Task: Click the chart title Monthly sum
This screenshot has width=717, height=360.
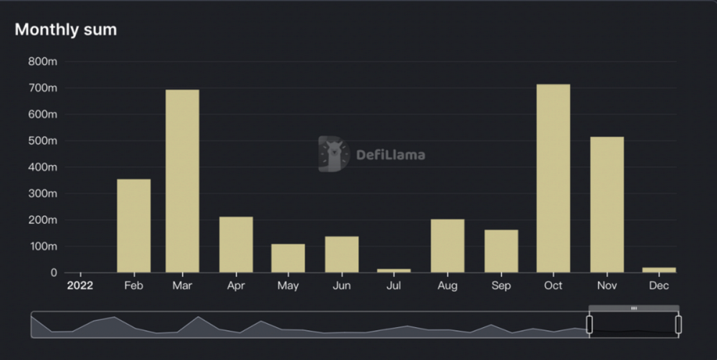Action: point(65,29)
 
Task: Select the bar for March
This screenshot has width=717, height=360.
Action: point(182,181)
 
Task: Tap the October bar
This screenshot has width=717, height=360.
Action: point(553,178)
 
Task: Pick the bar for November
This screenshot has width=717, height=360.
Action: point(607,204)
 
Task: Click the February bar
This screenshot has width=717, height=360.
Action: point(133,225)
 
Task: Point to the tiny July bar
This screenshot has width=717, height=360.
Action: point(394,270)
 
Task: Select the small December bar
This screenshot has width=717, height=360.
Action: point(659,270)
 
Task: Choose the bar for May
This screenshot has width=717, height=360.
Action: point(288,258)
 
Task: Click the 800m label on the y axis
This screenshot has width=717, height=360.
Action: point(42,62)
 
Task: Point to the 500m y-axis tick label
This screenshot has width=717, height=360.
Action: point(42,141)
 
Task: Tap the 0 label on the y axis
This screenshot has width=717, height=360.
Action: point(52,273)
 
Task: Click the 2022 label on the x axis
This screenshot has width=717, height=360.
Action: point(80,286)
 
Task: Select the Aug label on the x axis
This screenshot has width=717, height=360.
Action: point(447,286)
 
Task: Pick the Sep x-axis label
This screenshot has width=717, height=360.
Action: point(501,286)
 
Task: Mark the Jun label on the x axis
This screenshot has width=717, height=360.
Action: point(341,286)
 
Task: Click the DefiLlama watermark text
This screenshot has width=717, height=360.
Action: point(391,155)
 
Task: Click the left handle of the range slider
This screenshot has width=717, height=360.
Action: point(589,325)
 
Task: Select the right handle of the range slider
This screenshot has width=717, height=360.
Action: point(678,325)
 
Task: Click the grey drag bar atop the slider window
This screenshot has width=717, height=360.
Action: point(634,308)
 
